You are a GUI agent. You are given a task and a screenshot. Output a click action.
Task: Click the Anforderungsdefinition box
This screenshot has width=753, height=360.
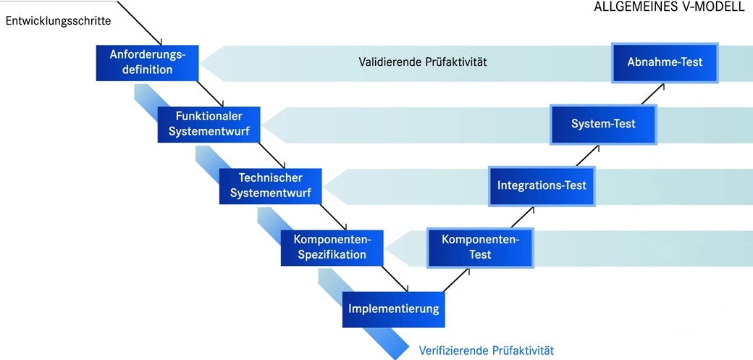(x=148, y=63)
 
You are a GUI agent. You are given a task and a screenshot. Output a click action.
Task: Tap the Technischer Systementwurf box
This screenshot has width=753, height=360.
(x=271, y=185)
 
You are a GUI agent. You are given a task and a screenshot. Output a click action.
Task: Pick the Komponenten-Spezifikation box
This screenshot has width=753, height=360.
(x=332, y=247)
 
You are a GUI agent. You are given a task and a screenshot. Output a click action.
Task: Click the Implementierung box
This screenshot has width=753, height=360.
(x=394, y=309)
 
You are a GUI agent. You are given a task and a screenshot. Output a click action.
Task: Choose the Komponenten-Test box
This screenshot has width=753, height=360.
(x=480, y=247)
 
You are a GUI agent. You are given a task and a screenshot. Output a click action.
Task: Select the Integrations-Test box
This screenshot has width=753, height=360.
(x=542, y=185)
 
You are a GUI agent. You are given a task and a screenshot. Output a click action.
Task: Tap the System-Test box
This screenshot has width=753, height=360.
(x=603, y=125)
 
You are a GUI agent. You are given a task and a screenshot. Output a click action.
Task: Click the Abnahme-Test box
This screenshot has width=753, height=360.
(x=665, y=62)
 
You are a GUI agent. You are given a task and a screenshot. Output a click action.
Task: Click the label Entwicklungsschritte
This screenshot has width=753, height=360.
(x=59, y=21)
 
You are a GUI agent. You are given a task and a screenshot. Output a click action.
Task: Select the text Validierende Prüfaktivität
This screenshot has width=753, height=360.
(x=423, y=62)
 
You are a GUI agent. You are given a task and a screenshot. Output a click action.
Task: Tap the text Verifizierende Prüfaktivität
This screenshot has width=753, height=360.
(x=487, y=351)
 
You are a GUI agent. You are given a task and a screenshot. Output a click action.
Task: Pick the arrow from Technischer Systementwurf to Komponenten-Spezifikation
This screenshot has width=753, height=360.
(x=333, y=217)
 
